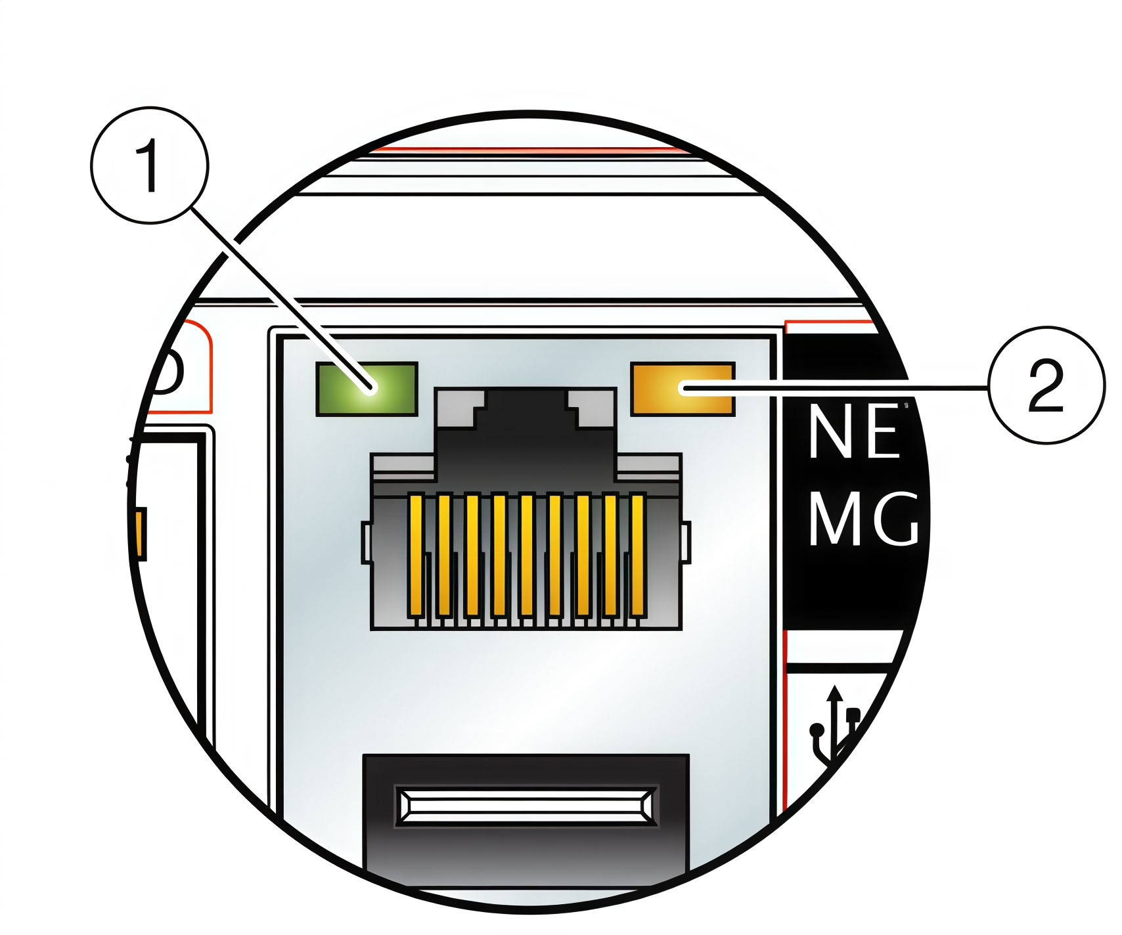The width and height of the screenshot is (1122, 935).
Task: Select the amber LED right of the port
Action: (x=682, y=389)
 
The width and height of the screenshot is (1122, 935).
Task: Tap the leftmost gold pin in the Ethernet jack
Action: (x=415, y=555)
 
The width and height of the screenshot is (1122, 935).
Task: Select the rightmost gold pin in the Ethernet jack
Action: (x=637, y=555)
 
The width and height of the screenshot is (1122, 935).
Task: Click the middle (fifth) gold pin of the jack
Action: (x=526, y=555)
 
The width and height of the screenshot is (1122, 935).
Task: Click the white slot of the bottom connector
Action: (x=526, y=806)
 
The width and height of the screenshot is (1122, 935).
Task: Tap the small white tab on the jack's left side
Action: (x=366, y=543)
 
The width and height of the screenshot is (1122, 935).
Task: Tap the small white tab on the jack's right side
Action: (x=686, y=543)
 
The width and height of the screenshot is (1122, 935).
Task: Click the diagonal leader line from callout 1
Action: (x=276, y=289)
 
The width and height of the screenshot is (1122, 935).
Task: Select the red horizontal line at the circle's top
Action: (x=526, y=150)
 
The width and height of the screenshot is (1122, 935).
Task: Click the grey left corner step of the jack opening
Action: (x=460, y=407)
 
